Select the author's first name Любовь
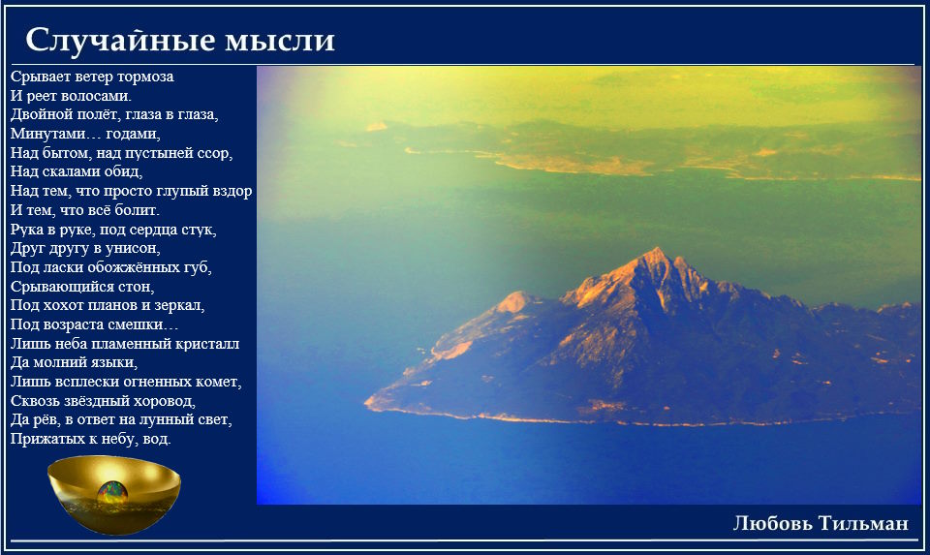coord(772,523)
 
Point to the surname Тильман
coord(863,523)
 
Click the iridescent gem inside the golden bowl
coord(112,493)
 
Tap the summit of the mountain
coord(656,249)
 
